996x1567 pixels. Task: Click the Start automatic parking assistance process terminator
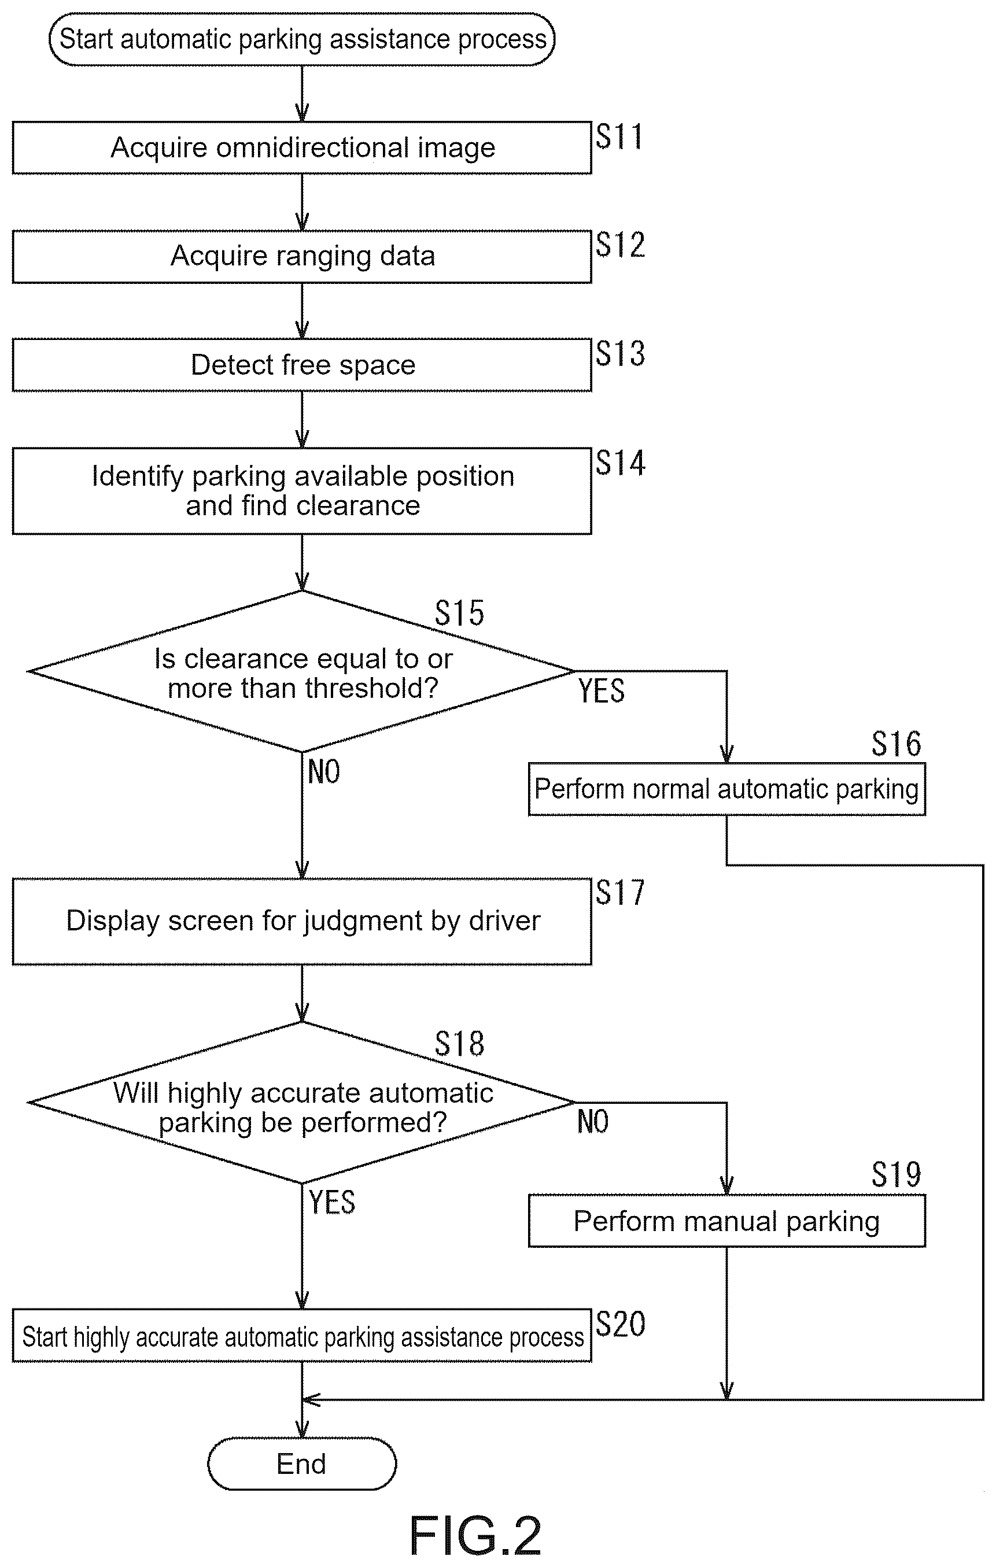(x=302, y=39)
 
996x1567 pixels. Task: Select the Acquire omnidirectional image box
(x=302, y=147)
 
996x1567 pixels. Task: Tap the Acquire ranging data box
(x=302, y=256)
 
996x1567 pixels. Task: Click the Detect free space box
(x=302, y=365)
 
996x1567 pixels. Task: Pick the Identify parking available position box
(x=302, y=491)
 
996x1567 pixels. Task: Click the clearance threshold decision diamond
(x=302, y=671)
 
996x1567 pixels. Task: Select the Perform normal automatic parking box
(x=726, y=789)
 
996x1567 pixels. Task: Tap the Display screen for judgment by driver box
(x=302, y=922)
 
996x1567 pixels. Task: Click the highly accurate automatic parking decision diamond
(x=302, y=1102)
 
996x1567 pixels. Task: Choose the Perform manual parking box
(x=726, y=1221)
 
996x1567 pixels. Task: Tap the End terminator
(x=302, y=1463)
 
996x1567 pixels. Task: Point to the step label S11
(x=619, y=136)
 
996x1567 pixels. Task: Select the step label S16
(x=897, y=744)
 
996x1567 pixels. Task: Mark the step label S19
(x=897, y=1174)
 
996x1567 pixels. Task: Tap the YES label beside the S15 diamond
(x=602, y=690)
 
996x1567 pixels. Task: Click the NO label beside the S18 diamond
(x=593, y=1121)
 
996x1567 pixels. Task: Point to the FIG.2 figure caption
(x=475, y=1536)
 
